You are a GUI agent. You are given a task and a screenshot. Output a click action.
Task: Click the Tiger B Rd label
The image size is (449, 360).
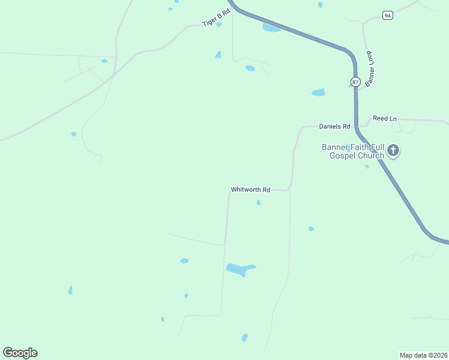[217, 17]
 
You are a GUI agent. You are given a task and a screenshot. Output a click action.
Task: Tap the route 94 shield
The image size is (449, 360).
[388, 15]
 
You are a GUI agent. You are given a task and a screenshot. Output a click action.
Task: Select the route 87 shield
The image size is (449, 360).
[356, 82]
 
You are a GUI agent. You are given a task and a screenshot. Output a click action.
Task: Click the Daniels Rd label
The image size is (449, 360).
[334, 127]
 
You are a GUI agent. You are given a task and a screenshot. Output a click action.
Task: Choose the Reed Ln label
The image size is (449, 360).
[384, 119]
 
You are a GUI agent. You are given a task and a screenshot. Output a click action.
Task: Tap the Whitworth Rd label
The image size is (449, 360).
[250, 190]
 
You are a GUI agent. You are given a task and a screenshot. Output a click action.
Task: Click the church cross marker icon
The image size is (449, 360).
[393, 150]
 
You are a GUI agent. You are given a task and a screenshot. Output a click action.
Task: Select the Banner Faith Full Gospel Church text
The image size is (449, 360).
[352, 151]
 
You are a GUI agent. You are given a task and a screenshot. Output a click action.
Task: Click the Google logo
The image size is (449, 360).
[20, 353]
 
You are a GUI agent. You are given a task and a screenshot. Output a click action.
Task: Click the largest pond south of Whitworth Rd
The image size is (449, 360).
[241, 269]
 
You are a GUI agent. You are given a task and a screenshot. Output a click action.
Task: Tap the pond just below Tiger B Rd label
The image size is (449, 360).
[218, 25]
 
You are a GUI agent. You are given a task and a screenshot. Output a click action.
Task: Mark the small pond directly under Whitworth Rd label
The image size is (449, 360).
[259, 203]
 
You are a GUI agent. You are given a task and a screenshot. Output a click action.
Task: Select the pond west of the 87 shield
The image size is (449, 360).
[318, 92]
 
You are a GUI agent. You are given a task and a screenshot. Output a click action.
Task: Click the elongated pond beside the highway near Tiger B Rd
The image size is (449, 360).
[271, 28]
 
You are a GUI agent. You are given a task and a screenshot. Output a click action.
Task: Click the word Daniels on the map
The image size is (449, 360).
[330, 127]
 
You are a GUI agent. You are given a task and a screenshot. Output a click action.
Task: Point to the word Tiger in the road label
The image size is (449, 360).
[211, 21]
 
